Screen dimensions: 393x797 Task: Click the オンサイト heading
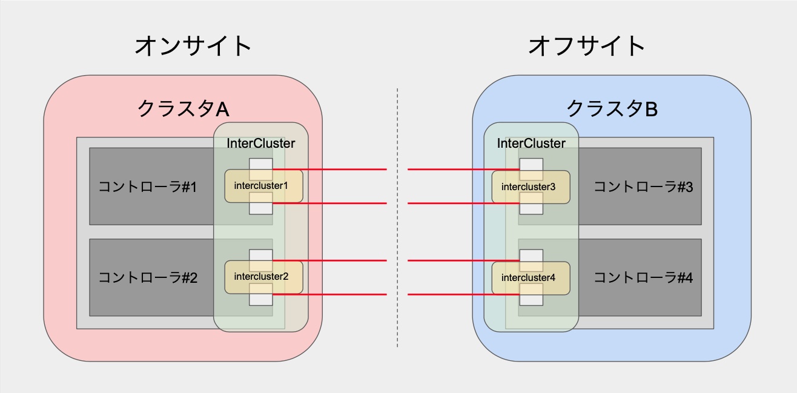click(193, 45)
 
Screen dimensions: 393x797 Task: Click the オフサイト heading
click(587, 45)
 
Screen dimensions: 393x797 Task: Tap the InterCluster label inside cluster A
click(261, 144)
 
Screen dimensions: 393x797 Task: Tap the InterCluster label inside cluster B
click(531, 144)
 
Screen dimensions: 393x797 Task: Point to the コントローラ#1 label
click(147, 187)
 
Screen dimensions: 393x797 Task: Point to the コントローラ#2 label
click(147, 278)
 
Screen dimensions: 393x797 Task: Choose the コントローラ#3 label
click(643, 187)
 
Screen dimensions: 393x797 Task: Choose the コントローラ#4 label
click(643, 278)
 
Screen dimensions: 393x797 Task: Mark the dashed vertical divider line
click(397, 218)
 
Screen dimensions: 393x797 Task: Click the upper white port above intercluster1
click(261, 164)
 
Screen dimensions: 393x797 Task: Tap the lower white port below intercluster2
click(261, 299)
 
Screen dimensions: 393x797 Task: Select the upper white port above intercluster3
click(531, 164)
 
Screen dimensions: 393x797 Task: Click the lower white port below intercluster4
click(531, 299)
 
